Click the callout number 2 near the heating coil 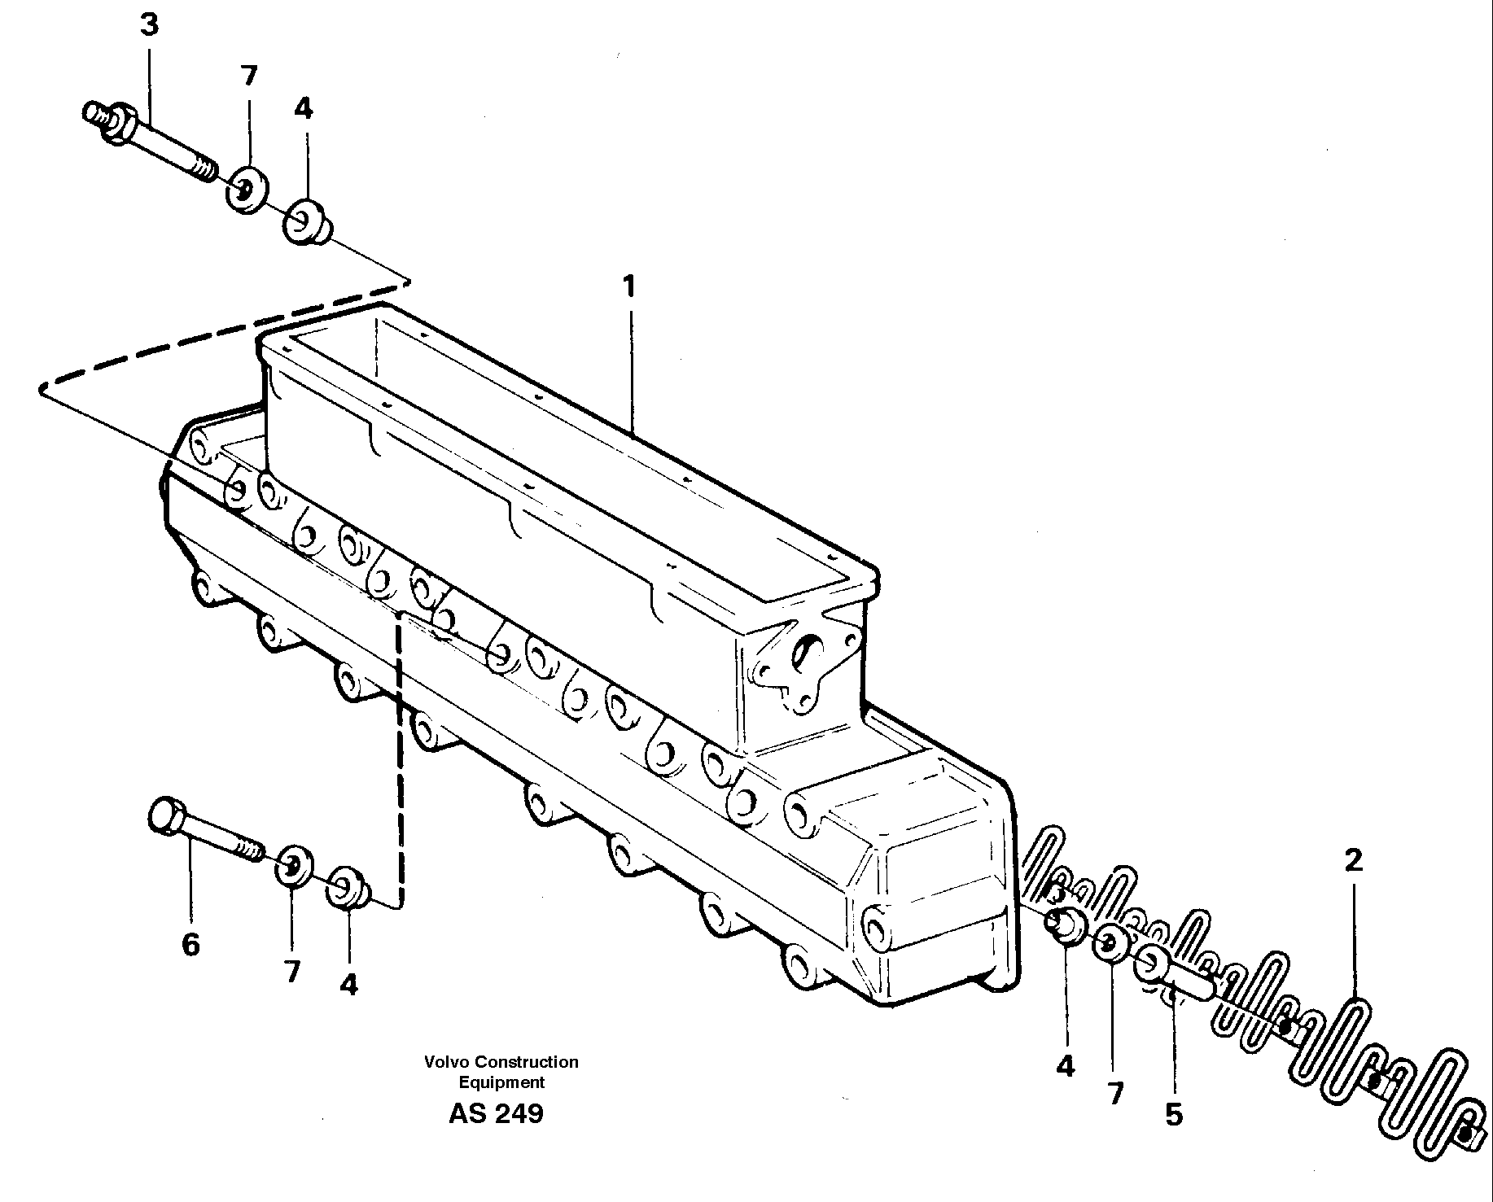[x=1353, y=860]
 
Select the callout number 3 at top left [x=149, y=25]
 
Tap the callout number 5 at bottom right [x=1173, y=1114]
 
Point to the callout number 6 [x=190, y=945]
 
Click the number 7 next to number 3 [x=248, y=76]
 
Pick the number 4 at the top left [x=303, y=107]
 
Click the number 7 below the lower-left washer [x=291, y=971]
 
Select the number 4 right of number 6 [x=348, y=986]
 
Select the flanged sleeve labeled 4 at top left [x=305, y=221]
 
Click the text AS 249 [x=495, y=1114]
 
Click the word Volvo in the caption [x=446, y=1062]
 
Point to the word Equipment [x=501, y=1082]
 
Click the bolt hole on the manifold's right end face [x=876, y=926]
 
